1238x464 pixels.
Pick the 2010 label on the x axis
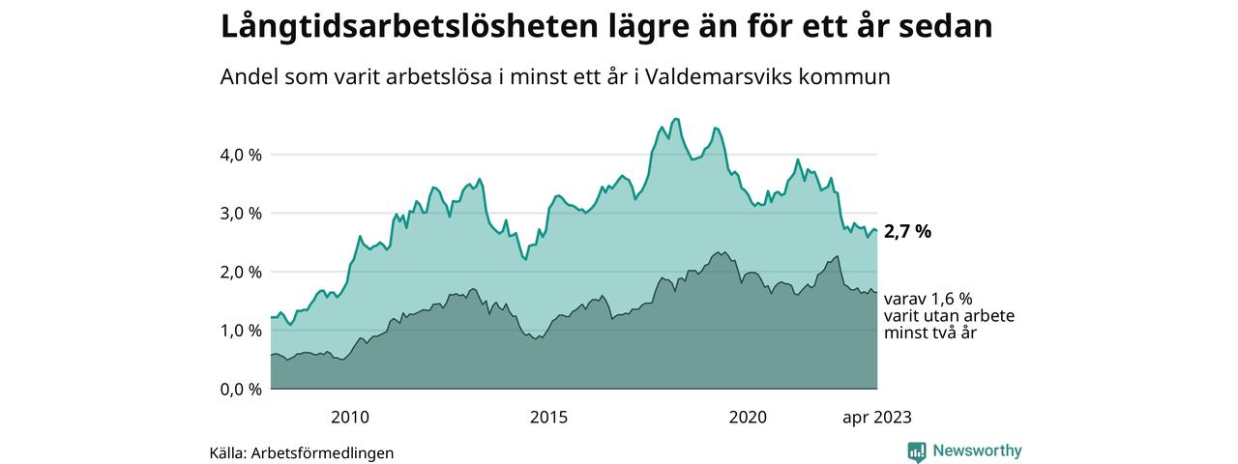point(350,418)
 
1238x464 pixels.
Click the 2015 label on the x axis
point(548,418)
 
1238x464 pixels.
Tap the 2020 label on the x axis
point(748,418)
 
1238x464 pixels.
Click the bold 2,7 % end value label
point(908,232)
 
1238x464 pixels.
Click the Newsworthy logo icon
point(917,451)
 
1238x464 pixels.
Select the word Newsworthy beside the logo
point(977,450)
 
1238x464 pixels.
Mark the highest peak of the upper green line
point(675,119)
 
